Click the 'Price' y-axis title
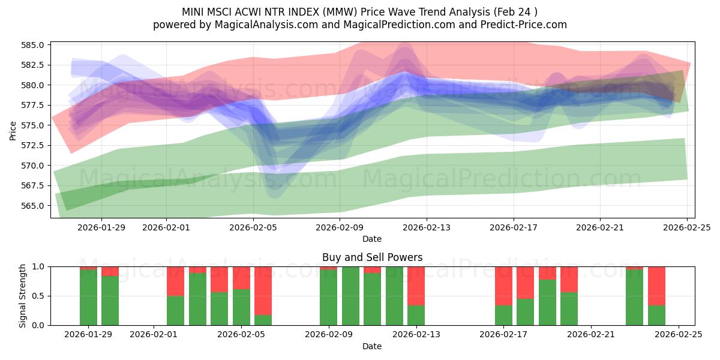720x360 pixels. point(13,130)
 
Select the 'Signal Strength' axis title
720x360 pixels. point(23,296)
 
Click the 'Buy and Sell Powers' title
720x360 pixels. point(372,257)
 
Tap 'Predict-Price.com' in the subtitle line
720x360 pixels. point(526,25)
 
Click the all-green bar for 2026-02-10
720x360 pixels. point(350,296)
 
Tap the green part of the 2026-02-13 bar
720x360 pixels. point(416,315)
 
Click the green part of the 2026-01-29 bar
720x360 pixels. point(88,297)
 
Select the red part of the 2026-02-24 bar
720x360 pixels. point(656,286)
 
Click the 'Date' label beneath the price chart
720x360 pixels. point(372,239)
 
